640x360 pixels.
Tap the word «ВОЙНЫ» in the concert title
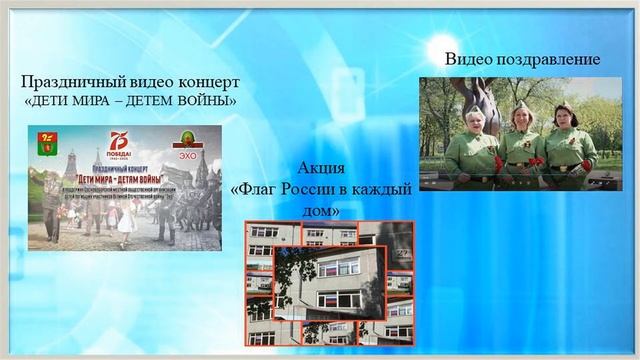pyautogui.click(x=207, y=101)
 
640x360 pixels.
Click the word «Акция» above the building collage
pyautogui.click(x=322, y=168)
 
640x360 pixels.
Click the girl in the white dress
pyautogui.click(x=127, y=221)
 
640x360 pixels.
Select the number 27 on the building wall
pyautogui.click(x=402, y=254)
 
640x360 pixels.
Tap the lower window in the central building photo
pyautogui.click(x=340, y=298)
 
